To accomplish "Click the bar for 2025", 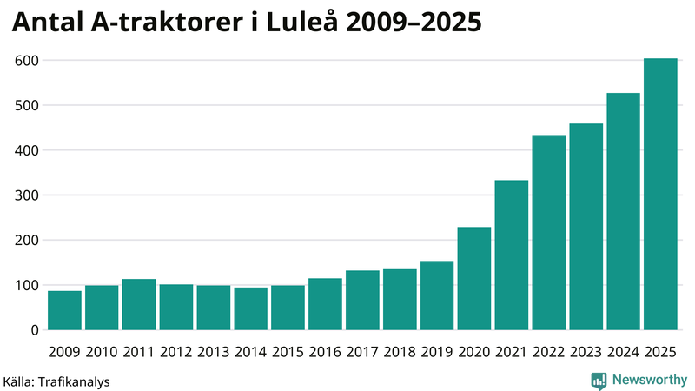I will (660, 195).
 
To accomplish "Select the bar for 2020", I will (474, 279).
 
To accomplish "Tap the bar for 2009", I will (64, 310).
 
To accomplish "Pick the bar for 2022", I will (549, 233).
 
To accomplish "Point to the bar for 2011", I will (139, 305).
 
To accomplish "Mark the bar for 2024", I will (623, 212).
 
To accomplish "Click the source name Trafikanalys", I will (73, 381).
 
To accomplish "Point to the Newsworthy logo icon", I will (599, 380).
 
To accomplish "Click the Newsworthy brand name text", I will (649, 380).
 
